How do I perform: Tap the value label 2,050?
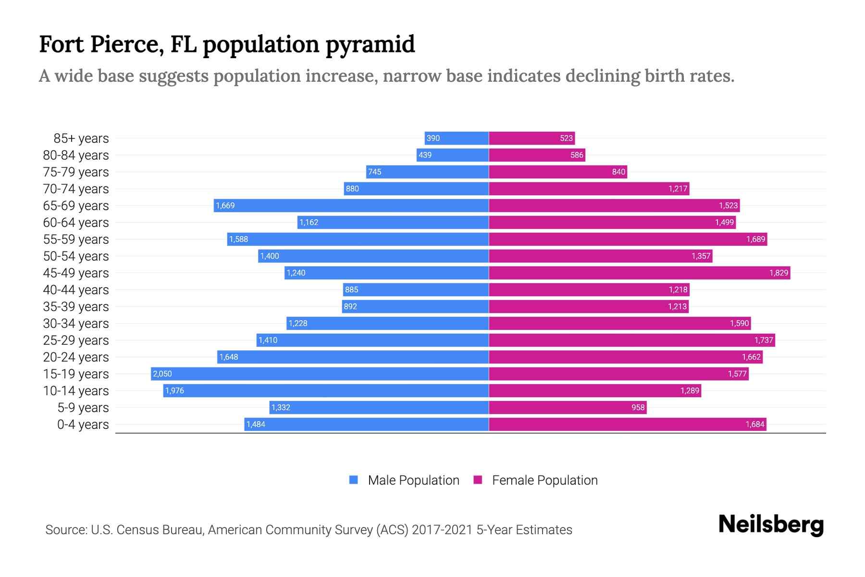(x=162, y=374)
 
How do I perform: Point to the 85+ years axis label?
(x=81, y=138)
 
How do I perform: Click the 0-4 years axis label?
(x=83, y=425)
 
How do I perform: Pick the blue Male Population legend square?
(x=354, y=480)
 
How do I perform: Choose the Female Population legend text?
(x=544, y=480)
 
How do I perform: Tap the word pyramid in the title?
(x=370, y=44)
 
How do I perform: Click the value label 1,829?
(x=778, y=273)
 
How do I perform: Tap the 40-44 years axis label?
(x=76, y=290)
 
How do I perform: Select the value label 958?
(x=638, y=407)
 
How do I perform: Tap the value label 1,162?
(x=309, y=222)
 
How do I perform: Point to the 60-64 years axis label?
(x=76, y=223)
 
